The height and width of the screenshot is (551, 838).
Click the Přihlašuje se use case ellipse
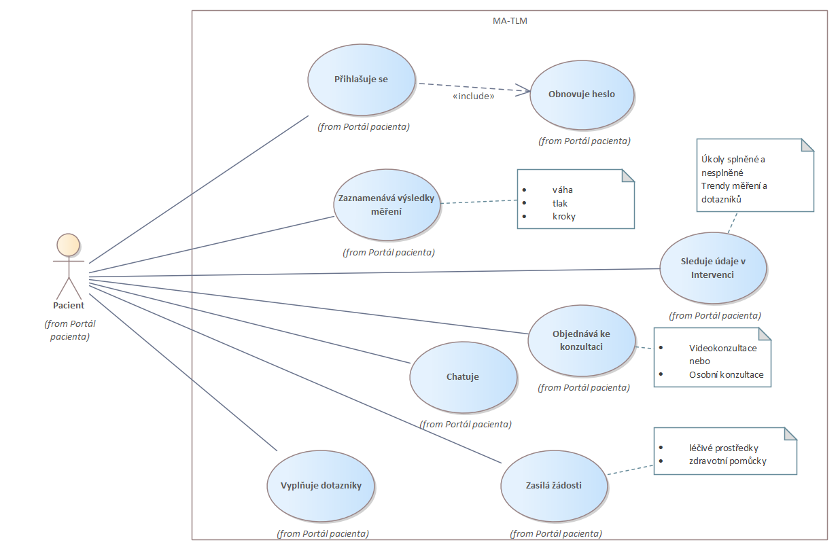coord(362,79)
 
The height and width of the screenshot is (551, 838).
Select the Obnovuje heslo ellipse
coord(582,94)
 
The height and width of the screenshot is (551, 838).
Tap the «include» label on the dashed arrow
coord(473,96)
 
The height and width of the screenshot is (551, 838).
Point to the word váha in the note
coord(563,190)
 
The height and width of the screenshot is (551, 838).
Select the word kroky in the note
coord(564,216)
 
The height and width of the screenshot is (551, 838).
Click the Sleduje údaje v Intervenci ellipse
coord(712,268)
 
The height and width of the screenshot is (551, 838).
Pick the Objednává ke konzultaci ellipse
coord(582,341)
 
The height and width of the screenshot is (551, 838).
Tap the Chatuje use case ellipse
coord(463,377)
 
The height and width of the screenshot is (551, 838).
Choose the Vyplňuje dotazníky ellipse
coord(321,486)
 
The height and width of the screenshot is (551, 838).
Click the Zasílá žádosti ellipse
coord(554,486)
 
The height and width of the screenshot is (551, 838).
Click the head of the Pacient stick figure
coord(68,244)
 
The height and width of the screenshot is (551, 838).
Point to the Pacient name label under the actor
coord(69,306)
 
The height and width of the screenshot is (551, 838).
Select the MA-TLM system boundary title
coord(510,21)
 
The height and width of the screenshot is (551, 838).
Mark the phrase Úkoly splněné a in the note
coord(733,160)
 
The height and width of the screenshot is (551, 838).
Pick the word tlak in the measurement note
coord(560,203)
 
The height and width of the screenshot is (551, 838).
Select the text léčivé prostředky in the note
coord(723,448)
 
